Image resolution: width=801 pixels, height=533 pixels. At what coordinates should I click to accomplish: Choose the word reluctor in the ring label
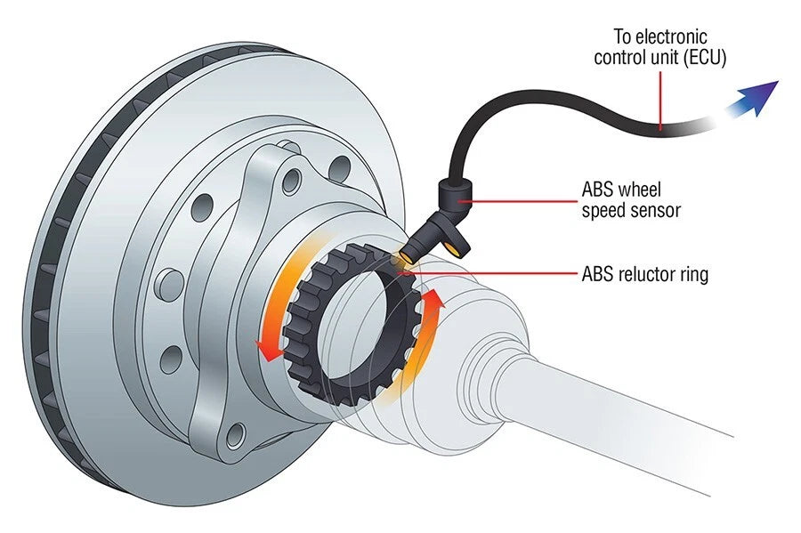[x=650, y=274]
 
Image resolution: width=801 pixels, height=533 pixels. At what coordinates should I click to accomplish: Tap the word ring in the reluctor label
[x=693, y=274]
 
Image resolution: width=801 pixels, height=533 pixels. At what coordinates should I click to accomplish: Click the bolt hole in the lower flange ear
[x=235, y=436]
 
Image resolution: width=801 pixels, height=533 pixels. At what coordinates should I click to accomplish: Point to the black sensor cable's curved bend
[x=463, y=133]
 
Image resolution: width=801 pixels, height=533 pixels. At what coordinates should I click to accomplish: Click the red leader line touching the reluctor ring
[x=498, y=274]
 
